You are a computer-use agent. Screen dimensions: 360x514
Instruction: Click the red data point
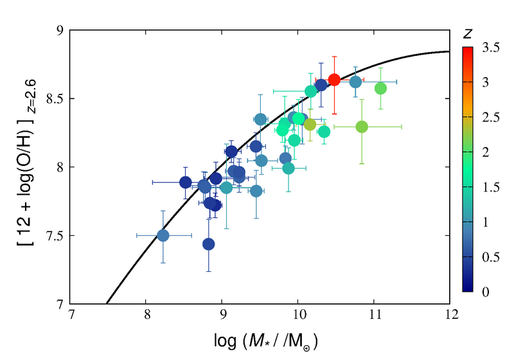334,80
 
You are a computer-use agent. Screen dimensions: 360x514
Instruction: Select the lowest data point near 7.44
208,244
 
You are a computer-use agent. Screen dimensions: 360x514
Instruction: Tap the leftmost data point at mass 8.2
163,235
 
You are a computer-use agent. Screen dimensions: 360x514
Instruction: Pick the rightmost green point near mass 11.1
380,88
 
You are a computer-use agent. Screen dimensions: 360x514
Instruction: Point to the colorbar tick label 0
484,292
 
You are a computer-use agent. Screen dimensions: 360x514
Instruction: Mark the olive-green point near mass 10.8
362,127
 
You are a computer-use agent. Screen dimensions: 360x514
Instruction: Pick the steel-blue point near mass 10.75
356,82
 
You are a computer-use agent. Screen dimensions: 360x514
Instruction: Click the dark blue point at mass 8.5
185,182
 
